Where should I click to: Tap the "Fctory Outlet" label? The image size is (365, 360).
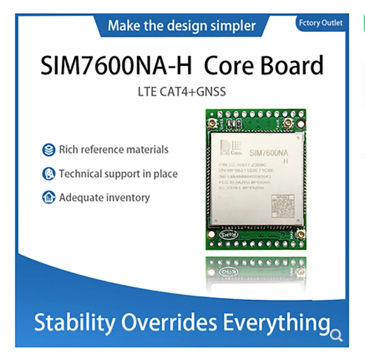pos(320,22)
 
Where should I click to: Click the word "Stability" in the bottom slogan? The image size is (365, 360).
pos(75,323)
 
